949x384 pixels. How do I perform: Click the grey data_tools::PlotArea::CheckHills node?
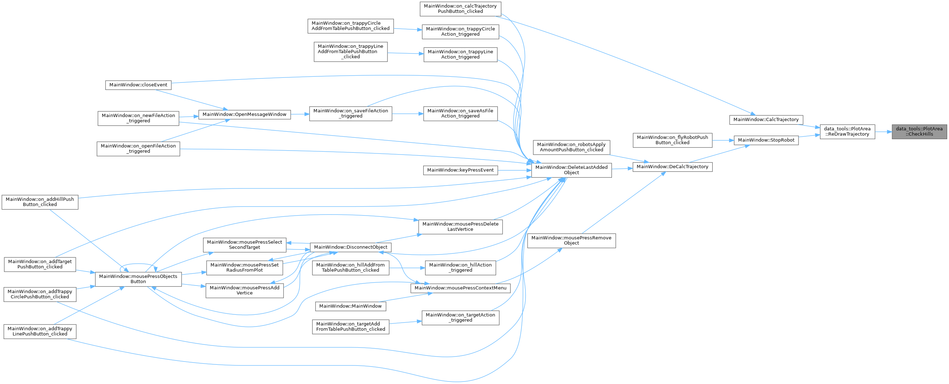pos(919,132)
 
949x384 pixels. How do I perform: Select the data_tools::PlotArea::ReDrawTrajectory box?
pos(847,132)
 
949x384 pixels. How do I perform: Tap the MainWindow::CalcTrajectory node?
pos(766,120)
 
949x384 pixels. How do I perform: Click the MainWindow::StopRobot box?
pos(766,140)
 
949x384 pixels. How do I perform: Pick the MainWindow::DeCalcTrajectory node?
pos(672,167)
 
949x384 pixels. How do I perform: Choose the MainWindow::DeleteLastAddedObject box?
pos(572,170)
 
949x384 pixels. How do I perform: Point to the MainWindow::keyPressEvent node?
pos(460,170)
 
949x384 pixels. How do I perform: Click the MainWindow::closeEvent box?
pos(138,85)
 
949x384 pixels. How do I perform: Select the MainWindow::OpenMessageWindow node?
pos(244,115)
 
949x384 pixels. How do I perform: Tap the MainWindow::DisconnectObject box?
pos(351,247)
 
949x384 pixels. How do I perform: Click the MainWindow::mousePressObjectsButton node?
pos(138,279)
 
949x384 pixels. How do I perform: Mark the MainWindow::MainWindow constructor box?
pos(350,306)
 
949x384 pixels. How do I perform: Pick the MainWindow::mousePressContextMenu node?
pos(460,288)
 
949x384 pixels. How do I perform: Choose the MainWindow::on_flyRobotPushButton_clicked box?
pos(672,140)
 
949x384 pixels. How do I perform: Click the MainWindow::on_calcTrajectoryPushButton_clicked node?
pos(460,9)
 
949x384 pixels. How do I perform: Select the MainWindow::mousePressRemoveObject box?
pos(572,241)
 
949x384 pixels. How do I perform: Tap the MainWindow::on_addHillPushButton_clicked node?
pos(40,202)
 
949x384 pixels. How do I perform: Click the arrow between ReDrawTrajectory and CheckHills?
pos(884,132)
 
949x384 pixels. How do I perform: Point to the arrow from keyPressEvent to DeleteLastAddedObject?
pos(514,170)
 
